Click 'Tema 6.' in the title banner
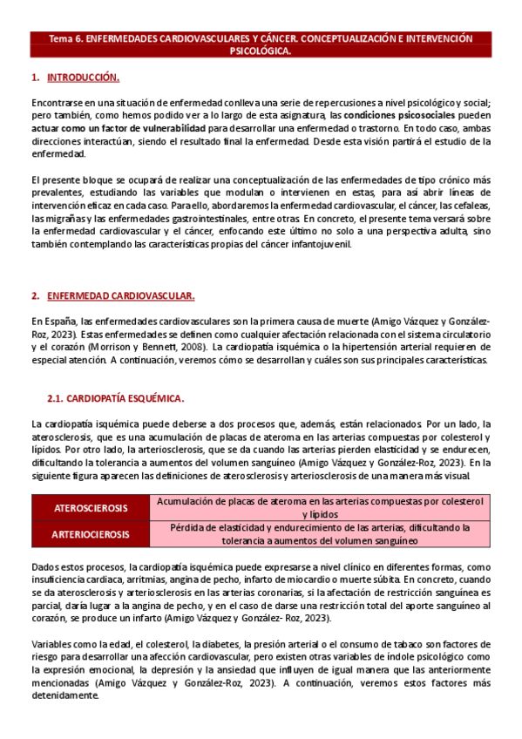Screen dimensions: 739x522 [x=64, y=39]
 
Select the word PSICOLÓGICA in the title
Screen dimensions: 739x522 [x=261, y=51]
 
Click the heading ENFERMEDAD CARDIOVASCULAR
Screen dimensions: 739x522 [x=120, y=296]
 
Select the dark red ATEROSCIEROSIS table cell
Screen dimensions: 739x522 [x=91, y=508]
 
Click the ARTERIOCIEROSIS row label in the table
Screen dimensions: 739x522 [x=91, y=534]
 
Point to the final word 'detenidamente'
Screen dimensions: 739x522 [x=64, y=695]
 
